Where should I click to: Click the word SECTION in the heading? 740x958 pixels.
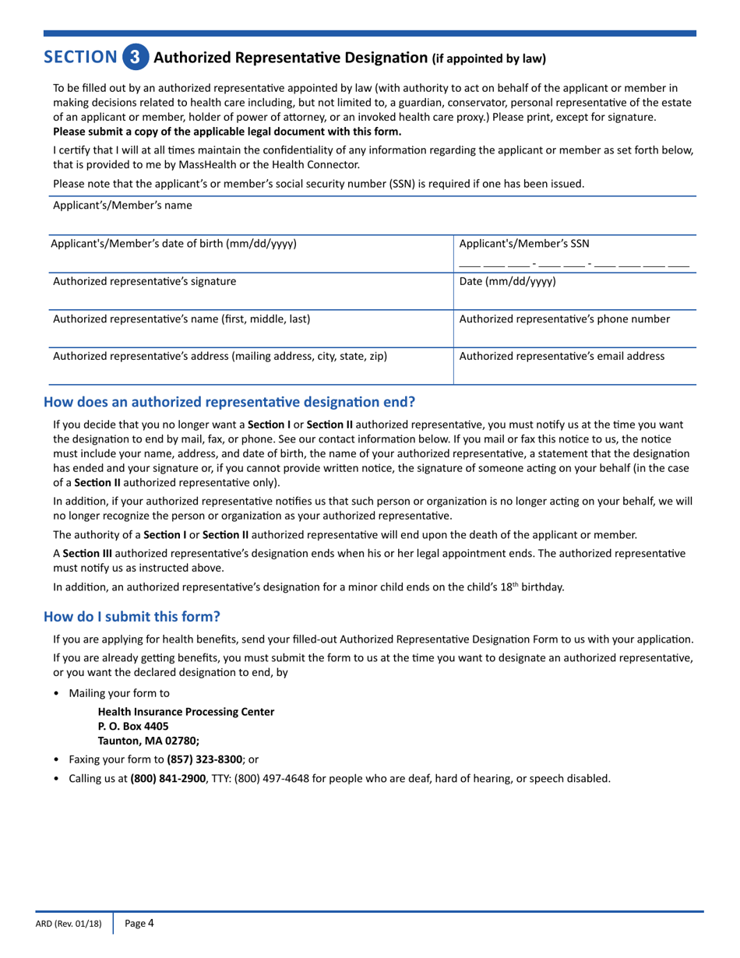point(79,57)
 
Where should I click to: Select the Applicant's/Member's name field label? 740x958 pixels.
point(122,206)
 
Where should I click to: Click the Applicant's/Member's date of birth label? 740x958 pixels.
point(173,244)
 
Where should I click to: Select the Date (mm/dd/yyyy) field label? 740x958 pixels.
point(508,281)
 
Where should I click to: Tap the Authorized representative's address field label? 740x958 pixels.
point(220,356)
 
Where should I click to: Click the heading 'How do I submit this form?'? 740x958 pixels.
point(132,616)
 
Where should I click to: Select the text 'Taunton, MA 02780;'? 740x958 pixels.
point(143,741)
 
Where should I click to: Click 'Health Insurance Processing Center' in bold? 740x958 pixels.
point(185,711)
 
